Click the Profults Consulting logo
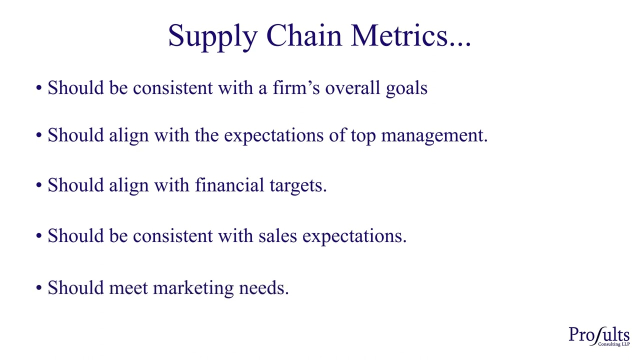599,336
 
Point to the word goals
406,88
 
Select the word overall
352,88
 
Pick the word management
433,136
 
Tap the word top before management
363,136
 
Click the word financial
229,185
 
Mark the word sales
277,236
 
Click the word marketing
193,288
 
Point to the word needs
263,288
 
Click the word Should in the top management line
75,135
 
